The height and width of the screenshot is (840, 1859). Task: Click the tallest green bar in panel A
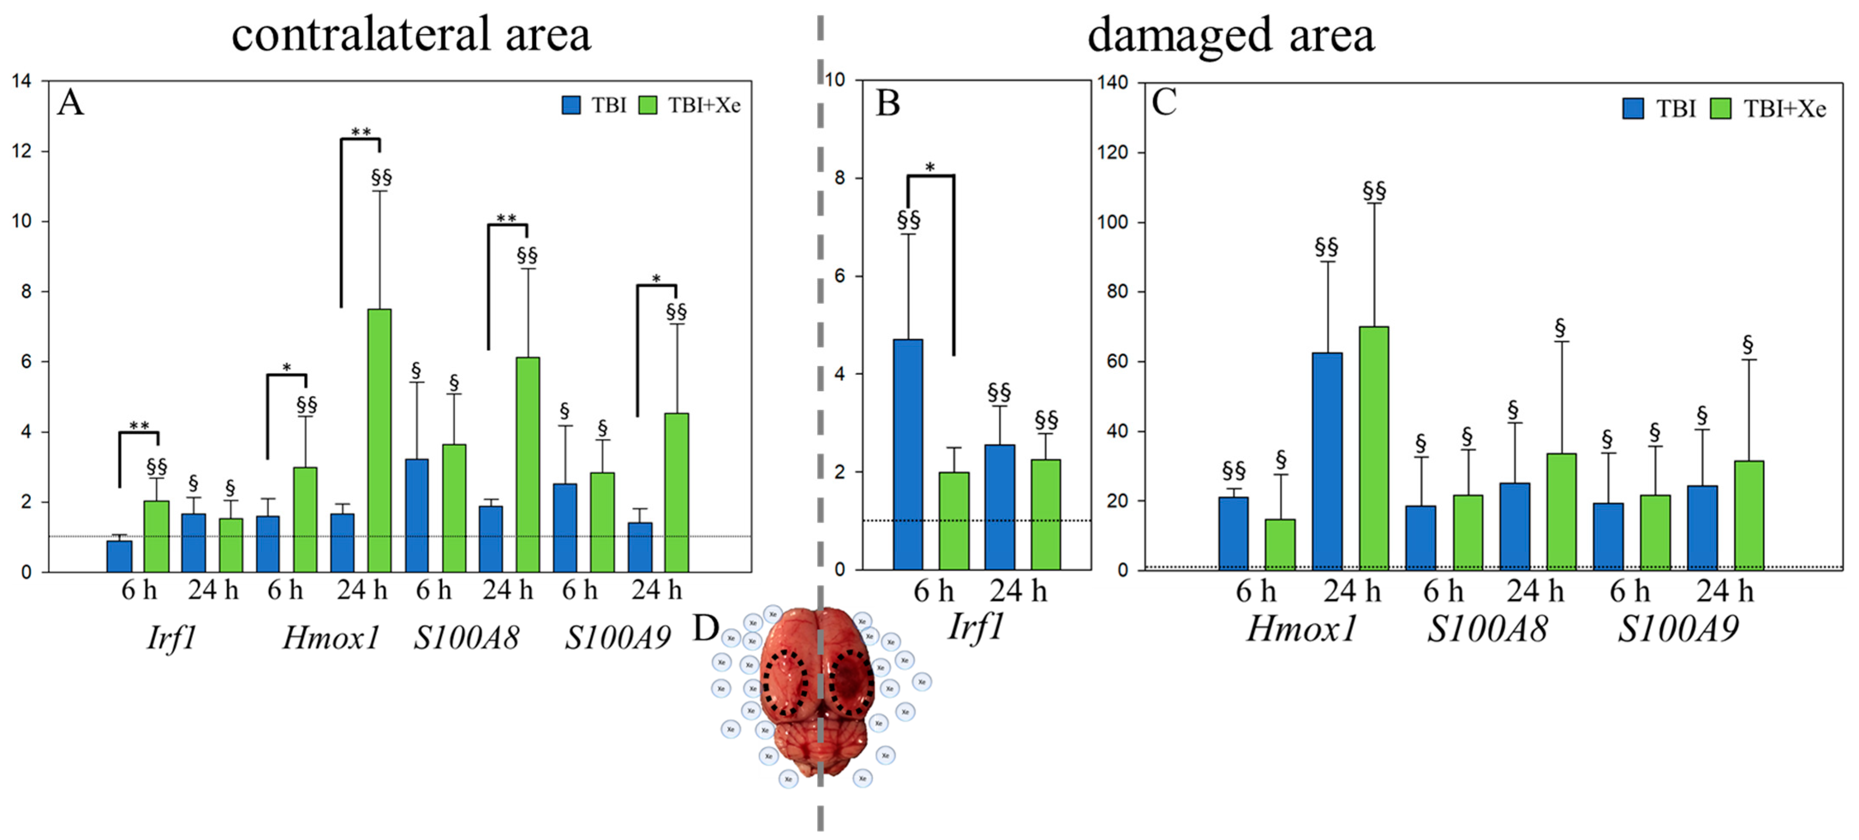tap(379, 440)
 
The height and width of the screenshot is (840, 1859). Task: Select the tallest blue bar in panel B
tap(908, 454)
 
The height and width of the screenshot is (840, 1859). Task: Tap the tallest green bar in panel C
tap(1373, 448)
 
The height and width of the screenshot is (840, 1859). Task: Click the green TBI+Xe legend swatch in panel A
tap(648, 105)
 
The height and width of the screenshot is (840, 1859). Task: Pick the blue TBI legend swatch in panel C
tap(1633, 109)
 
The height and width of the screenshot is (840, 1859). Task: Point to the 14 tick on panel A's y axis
tap(22, 81)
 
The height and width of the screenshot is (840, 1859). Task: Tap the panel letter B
tap(888, 103)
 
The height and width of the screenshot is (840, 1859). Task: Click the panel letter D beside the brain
tap(705, 628)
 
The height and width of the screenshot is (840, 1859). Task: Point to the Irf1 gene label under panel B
tap(976, 626)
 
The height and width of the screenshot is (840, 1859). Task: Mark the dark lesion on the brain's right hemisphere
tap(850, 682)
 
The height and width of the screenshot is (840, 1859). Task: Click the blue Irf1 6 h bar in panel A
tap(119, 556)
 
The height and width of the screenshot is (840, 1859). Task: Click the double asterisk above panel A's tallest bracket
tap(361, 132)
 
